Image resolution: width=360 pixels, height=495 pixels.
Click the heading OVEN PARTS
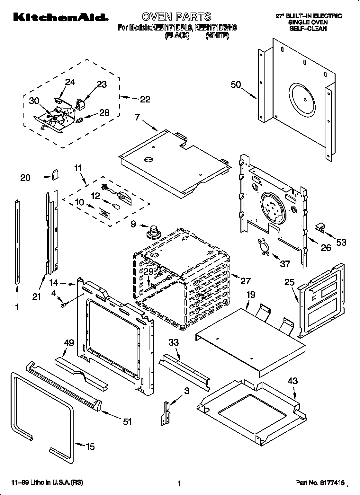point(177,16)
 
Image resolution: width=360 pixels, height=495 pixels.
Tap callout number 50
point(236,84)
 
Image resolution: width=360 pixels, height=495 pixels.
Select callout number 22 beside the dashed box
point(145,99)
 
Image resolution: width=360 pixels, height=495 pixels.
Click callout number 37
point(285,264)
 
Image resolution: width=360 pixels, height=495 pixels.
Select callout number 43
point(293,381)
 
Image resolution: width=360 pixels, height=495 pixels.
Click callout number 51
point(127,421)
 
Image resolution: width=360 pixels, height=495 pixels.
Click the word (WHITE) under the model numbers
point(217,36)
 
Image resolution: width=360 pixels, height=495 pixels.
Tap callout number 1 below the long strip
point(17,307)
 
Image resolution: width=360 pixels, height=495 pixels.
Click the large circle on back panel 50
point(304,98)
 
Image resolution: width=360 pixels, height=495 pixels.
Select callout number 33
point(174,342)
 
